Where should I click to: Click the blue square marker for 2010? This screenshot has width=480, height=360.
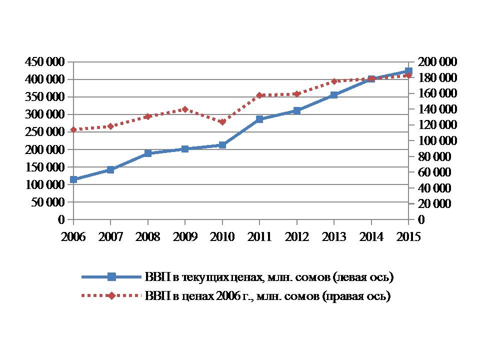[222, 145]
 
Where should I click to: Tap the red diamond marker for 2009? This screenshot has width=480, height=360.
[185, 109]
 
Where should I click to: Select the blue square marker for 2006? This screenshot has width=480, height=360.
[73, 179]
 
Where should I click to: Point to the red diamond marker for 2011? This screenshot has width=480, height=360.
[259, 95]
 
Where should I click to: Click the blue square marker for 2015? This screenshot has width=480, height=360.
[408, 71]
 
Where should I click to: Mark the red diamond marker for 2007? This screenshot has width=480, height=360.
[110, 126]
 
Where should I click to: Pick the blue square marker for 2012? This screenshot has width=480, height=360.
[297, 110]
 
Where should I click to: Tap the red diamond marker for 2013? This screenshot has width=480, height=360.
[334, 81]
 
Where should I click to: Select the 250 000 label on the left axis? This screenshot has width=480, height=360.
[44, 132]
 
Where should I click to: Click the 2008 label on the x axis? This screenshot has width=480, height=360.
[147, 236]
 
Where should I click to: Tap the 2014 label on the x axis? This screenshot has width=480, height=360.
[371, 236]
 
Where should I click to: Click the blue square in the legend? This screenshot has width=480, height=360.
[111, 276]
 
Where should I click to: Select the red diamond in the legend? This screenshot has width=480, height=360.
[111, 296]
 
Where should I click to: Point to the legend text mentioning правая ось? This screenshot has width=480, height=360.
[267, 296]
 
